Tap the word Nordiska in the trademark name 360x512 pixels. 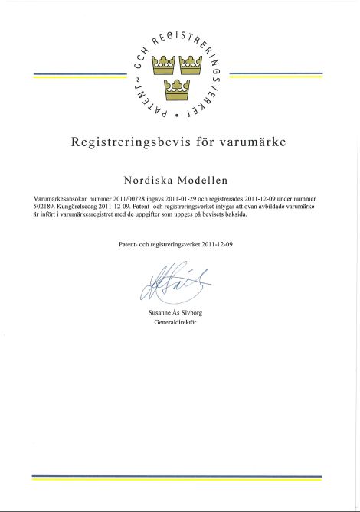point(150,181)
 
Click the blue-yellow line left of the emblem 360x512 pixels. point(80,75)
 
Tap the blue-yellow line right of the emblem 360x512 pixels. point(277,75)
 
